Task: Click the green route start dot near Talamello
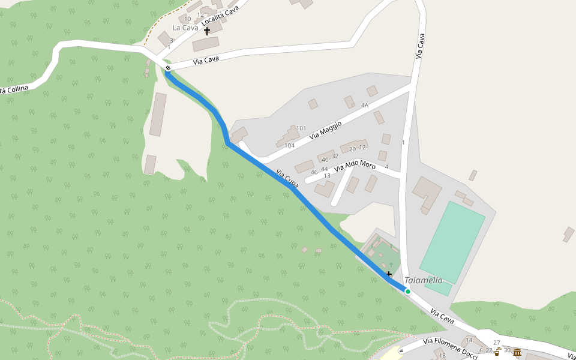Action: [407, 292]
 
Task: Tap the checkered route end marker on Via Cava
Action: [168, 68]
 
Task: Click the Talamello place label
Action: [423, 280]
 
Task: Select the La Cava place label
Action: [185, 28]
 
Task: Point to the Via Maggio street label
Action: [326, 130]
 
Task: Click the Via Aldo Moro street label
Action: [355, 166]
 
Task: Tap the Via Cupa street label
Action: [287, 178]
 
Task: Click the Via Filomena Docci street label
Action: [450, 349]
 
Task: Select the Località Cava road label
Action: [220, 16]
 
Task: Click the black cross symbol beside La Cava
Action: [207, 30]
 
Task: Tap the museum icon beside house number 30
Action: [517, 352]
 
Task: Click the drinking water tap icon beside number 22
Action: [497, 352]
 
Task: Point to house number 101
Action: [301, 128]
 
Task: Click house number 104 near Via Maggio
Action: [289, 146]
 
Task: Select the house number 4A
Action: [364, 105]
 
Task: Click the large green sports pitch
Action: [452, 242]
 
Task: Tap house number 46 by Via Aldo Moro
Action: [314, 172]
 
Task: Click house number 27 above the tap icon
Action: [497, 343]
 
